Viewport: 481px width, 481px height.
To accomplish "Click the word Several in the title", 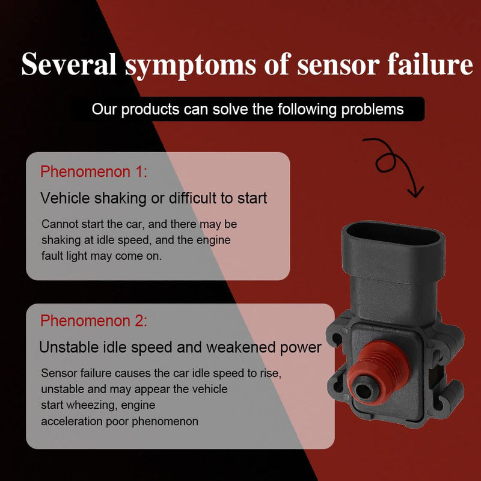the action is coord(69,64).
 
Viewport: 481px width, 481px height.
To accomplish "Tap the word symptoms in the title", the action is coord(191,66).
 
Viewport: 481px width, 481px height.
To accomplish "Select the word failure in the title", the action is coord(430,64).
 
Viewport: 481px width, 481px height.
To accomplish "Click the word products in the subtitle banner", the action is coord(150,109).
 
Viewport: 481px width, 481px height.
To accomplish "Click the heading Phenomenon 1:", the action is coord(94,171).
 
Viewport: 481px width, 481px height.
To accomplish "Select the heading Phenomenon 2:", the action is coord(94,321).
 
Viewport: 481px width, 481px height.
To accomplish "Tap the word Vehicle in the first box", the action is coord(65,198).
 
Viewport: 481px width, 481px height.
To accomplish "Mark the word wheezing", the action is coord(92,405).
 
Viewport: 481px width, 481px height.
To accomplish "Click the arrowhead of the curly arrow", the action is coord(416,192).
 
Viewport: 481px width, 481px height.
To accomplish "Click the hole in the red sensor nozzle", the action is coord(364,391).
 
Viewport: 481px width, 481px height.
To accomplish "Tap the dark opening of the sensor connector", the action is coord(393,234).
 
